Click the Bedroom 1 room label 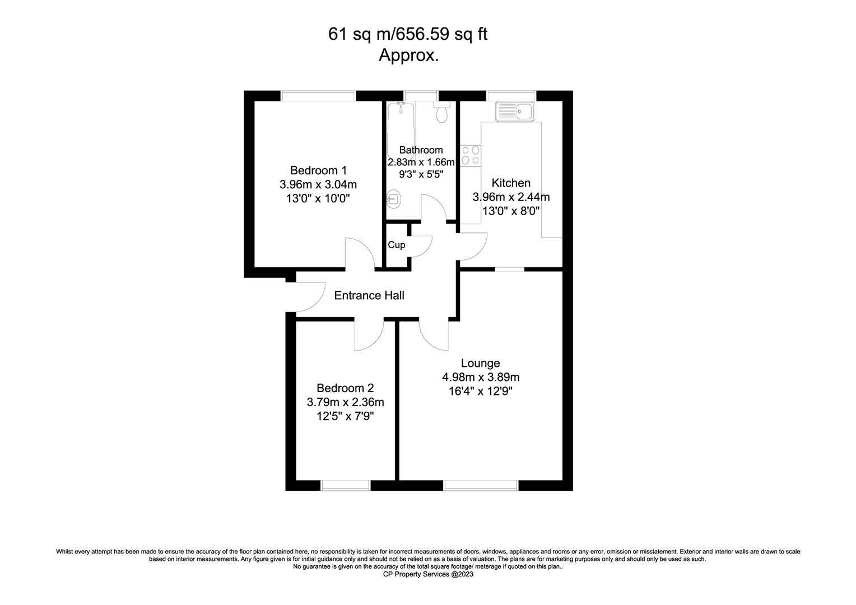pos(318,170)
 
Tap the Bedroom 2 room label pos(345,388)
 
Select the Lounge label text pos(480,363)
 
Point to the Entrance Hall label pos(369,295)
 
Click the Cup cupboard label pos(396,245)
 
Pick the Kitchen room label pos(511,183)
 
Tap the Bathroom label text pos(421,150)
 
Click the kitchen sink pos(514,111)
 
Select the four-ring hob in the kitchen pos(471,156)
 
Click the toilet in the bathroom pos(442,111)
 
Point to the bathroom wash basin pos(393,199)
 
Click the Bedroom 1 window pos(318,96)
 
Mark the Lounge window pos(480,485)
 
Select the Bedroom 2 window pos(346,485)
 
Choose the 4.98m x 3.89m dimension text pos(481,377)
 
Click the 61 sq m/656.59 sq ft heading pos(408,34)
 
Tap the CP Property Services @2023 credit pos(428,574)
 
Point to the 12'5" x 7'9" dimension pos(345,416)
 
